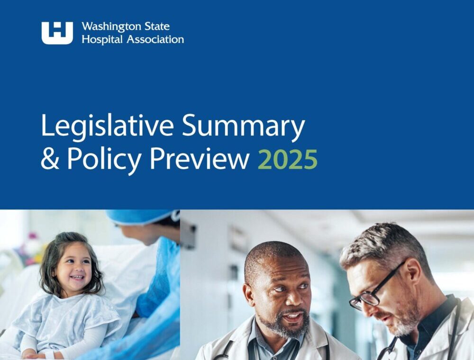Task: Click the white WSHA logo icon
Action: click(57, 33)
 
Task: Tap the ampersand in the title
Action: click(49, 160)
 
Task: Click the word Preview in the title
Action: click(199, 160)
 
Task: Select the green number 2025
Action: click(287, 160)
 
